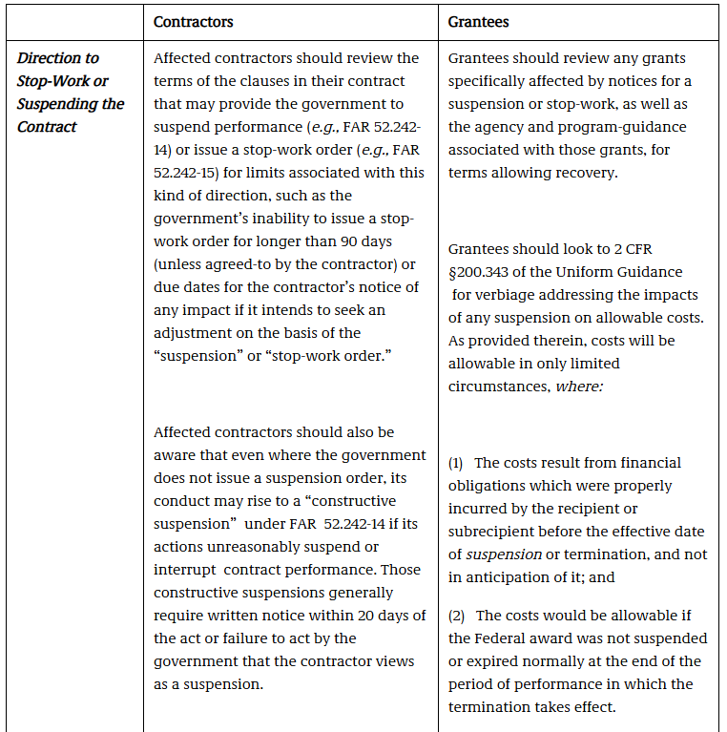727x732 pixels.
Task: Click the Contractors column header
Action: [194, 21]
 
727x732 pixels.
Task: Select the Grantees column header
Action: [480, 21]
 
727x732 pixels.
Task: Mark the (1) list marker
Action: [458, 463]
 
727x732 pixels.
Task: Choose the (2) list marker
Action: [458, 616]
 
